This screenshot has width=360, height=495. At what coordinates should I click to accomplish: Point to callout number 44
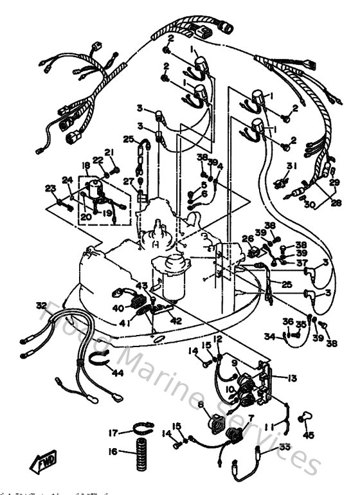(118, 372)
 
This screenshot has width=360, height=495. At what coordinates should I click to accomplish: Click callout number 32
(41, 305)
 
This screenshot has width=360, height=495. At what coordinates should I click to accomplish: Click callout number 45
(309, 435)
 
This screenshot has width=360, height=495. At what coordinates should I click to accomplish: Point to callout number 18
(85, 165)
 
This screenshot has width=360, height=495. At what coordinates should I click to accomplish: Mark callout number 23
(50, 188)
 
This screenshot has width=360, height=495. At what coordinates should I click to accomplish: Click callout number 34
(270, 336)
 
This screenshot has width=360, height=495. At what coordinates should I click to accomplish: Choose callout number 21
(109, 152)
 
